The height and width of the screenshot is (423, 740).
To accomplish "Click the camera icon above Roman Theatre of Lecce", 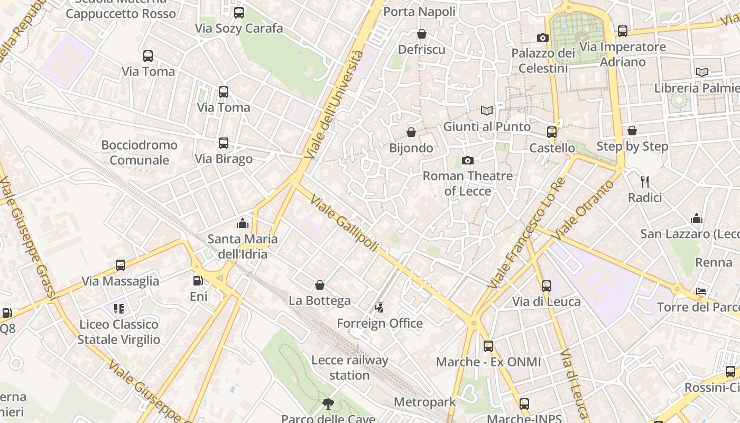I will coord(468,160).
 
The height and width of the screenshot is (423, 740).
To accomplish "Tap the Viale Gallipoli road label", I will coord(344,223).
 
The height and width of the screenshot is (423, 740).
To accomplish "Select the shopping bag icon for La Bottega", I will coord(320,286).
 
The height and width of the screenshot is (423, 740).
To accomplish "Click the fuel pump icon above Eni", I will coord(198,281).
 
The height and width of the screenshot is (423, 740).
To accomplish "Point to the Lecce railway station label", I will coord(349,367).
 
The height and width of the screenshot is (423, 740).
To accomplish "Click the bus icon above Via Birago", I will coord(224,143).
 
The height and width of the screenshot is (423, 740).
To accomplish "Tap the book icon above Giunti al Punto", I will coord(487,111).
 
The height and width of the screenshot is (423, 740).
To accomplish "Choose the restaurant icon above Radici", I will coord(644,182).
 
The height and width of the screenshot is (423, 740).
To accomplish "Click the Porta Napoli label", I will coord(419,12).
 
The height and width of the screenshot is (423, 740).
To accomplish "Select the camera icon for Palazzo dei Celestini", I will coord(543,38).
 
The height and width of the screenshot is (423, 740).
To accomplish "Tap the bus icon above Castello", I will coord(552,132).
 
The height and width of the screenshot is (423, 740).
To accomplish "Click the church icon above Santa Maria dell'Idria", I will coord(243,223).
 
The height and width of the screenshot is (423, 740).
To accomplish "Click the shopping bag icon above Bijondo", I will coord(411,132).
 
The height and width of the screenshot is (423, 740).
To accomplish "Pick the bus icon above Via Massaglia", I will coord(121,265).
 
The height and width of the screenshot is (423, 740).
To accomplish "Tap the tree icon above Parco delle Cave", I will coord(328,404).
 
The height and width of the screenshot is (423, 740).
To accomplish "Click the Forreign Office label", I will coord(380,323).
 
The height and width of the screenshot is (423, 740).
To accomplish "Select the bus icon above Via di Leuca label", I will coord(547,286).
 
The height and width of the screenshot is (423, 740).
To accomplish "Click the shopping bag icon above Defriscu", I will coord(422,34).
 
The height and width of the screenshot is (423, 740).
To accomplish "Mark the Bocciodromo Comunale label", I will coord(140,152).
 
